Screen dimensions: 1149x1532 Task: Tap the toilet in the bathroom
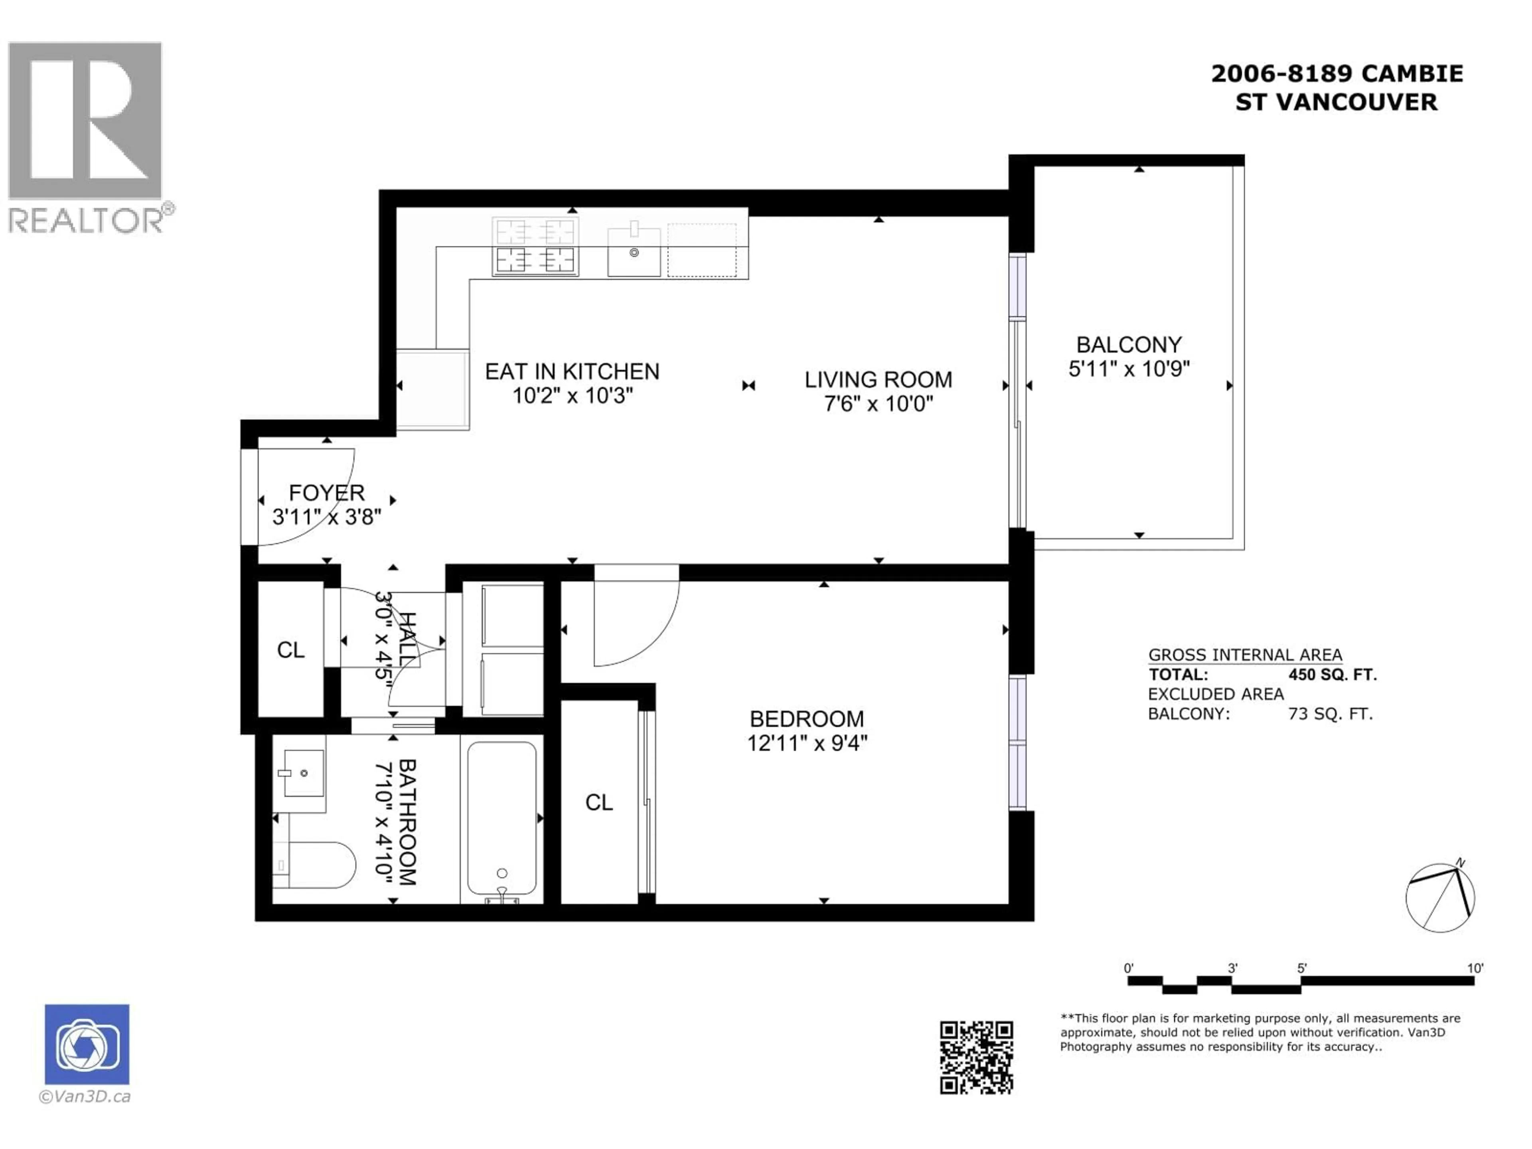[x=319, y=865]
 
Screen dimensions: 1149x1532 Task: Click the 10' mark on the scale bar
[x=1475, y=968]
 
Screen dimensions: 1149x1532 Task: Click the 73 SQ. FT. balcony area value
[x=1330, y=714]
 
